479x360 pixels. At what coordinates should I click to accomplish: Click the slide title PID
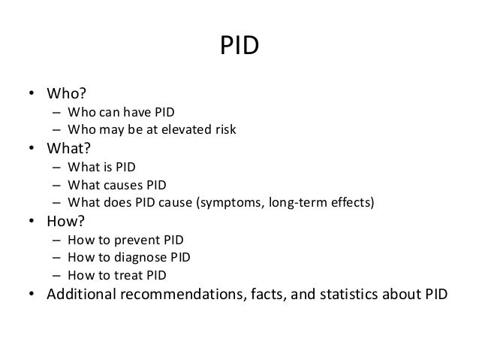point(239,47)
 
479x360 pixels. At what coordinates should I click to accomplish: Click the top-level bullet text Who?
point(67,95)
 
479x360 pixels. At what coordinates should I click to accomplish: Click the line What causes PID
point(116,185)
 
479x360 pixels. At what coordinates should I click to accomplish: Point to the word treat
point(125,275)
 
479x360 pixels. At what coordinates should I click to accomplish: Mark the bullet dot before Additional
point(33,294)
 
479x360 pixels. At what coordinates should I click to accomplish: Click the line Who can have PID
point(120,113)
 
